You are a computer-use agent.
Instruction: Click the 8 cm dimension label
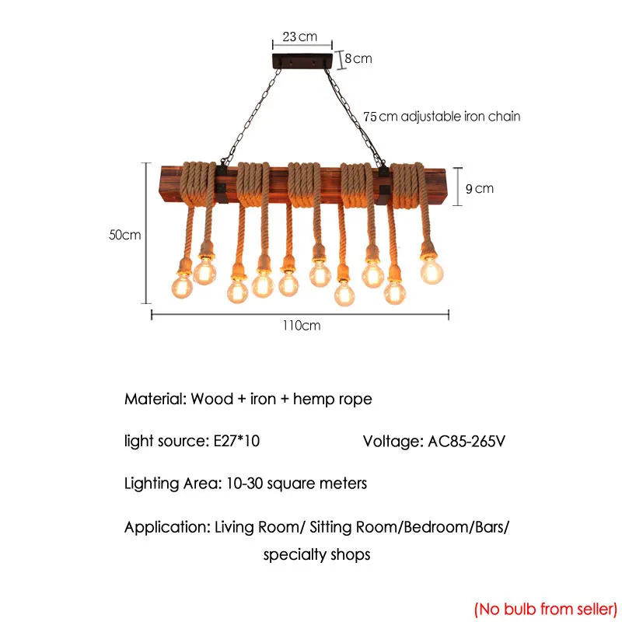358,58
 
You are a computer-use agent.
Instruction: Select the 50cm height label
125,235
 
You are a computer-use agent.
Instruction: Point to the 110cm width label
301,326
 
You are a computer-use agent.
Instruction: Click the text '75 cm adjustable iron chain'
442,117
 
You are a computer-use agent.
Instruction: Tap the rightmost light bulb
432,271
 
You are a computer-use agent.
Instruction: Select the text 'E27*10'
236,442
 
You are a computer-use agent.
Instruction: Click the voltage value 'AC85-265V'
466,442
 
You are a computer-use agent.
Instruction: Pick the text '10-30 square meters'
296,484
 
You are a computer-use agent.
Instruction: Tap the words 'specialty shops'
316,555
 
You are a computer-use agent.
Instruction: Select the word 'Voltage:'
393,442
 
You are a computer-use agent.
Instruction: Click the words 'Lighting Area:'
173,484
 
